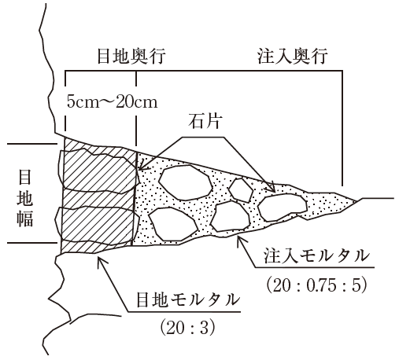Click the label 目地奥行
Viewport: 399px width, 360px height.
(x=131, y=56)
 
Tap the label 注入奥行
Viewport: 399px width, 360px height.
(x=292, y=56)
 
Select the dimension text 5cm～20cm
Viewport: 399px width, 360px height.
(x=112, y=101)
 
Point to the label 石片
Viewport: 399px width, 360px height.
(x=205, y=121)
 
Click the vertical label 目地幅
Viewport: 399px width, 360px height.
(x=25, y=198)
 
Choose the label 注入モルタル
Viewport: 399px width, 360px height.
(x=316, y=256)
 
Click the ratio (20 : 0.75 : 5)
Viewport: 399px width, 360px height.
(x=316, y=285)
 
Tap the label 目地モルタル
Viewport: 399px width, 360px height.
(x=188, y=300)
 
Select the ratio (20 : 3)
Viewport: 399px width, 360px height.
(x=187, y=328)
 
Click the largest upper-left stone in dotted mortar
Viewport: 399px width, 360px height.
(x=186, y=182)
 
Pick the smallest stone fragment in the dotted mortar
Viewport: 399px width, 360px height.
(x=241, y=190)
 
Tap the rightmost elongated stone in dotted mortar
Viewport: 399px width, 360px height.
(x=283, y=208)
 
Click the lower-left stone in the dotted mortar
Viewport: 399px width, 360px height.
(x=173, y=224)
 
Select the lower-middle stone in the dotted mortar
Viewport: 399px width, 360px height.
(x=231, y=216)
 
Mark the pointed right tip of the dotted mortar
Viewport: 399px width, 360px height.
(x=358, y=201)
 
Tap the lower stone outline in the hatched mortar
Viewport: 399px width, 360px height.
(x=97, y=226)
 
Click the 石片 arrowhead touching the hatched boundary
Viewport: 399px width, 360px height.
(x=139, y=168)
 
